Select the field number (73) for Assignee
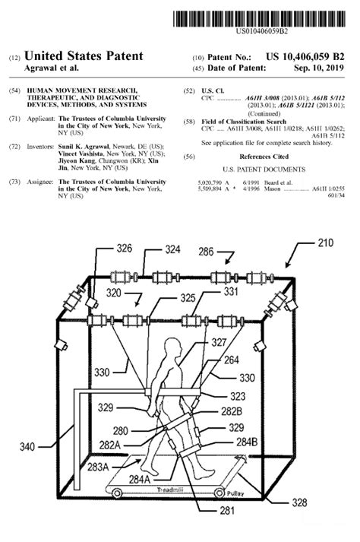click(14, 182)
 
